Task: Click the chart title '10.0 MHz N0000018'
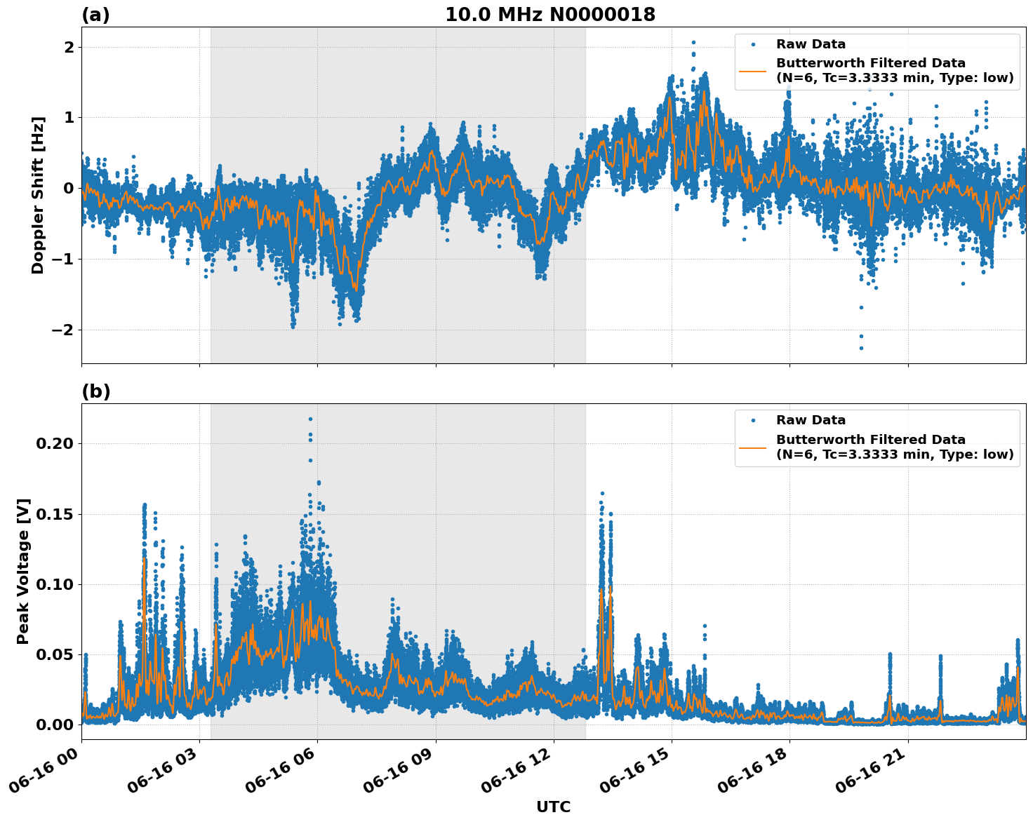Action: point(549,15)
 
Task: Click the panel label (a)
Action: point(95,15)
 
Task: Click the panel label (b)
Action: point(95,391)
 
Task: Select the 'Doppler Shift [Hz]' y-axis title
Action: point(38,195)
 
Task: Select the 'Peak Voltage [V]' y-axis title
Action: point(23,572)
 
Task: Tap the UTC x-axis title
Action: point(553,807)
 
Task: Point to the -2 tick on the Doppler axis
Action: point(64,330)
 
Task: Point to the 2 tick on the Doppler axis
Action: point(69,47)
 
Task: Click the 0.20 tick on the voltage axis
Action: point(55,444)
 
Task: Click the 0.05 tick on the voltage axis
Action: point(55,655)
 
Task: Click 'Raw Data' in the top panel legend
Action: point(811,44)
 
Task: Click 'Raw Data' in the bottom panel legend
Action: point(811,420)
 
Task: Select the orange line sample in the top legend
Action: point(753,71)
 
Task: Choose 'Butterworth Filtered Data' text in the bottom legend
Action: point(870,440)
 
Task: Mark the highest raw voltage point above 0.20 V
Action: point(310,419)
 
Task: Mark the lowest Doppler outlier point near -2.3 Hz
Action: point(861,348)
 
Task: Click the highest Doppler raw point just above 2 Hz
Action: point(693,43)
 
